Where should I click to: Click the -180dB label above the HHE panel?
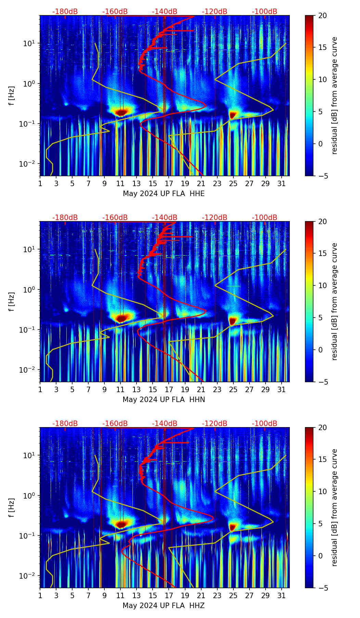pyautogui.click(x=65, y=12)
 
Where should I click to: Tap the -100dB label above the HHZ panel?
pyautogui.click(x=265, y=424)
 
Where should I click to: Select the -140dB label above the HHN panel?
pyautogui.click(x=165, y=218)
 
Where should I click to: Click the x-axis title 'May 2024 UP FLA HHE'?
pyautogui.click(x=164, y=194)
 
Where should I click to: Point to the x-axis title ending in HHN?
pyautogui.click(x=164, y=400)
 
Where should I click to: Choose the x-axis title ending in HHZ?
pyautogui.click(x=164, y=606)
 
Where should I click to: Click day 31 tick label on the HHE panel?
pyautogui.click(x=282, y=184)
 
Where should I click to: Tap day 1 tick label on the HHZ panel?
pyautogui.click(x=40, y=596)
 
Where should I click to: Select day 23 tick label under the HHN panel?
pyautogui.click(x=217, y=390)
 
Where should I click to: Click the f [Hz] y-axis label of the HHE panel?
pyautogui.click(x=12, y=95)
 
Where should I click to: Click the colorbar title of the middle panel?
pyautogui.click(x=335, y=301)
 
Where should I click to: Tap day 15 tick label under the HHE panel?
pyautogui.click(x=153, y=184)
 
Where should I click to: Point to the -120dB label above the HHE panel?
pyautogui.click(x=215, y=12)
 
